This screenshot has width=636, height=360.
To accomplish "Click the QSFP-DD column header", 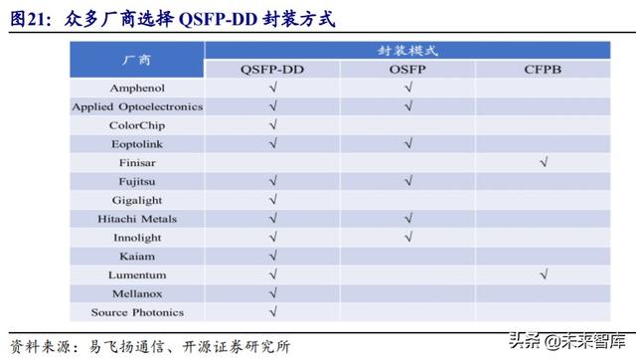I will pyautogui.click(x=272, y=69).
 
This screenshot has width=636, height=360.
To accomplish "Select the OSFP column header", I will pyautogui.click(x=407, y=69).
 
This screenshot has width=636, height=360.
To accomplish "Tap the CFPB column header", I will pyautogui.click(x=543, y=69).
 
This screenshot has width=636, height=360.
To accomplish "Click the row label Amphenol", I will pyautogui.click(x=137, y=88).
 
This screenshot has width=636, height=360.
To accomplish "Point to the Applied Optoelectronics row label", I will pyautogui.click(x=137, y=106).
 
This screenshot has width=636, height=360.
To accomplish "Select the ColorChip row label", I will pyautogui.click(x=137, y=125).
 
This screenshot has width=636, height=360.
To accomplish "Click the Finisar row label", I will pyautogui.click(x=137, y=162).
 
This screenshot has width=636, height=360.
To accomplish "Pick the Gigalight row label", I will pyautogui.click(x=137, y=200).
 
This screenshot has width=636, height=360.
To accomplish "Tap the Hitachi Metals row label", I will pyautogui.click(x=137, y=219).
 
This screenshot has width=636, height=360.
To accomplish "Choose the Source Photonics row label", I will pyautogui.click(x=137, y=312).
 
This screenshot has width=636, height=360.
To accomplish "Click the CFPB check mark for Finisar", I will pyautogui.click(x=543, y=162).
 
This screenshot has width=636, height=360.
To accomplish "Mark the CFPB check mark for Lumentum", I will pyautogui.click(x=543, y=274).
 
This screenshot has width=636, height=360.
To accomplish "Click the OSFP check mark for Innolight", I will pyautogui.click(x=407, y=238).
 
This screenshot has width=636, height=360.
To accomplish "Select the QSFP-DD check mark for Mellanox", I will pyautogui.click(x=272, y=293).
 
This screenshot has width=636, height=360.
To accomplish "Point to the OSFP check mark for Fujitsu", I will pyautogui.click(x=407, y=181).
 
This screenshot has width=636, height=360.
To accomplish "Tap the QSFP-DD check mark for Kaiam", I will pyautogui.click(x=272, y=256).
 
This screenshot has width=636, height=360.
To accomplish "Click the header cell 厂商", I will pyautogui.click(x=137, y=60).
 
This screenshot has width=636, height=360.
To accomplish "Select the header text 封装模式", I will pyautogui.click(x=407, y=50).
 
